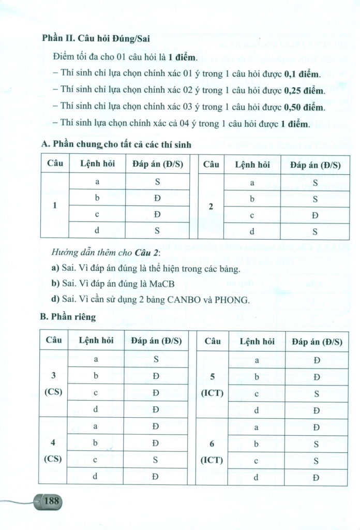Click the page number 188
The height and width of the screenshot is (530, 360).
click(x=52, y=500)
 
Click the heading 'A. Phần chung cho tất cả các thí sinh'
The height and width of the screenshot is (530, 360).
click(x=116, y=145)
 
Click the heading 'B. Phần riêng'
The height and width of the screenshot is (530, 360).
click(x=68, y=315)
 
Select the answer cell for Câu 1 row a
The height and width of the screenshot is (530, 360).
click(x=156, y=182)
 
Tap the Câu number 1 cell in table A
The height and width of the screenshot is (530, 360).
click(x=55, y=205)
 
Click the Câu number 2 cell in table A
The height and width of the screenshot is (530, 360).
click(x=211, y=207)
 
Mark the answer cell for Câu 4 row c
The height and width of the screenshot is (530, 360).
click(x=155, y=459)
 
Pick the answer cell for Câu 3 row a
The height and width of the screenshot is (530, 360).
click(x=155, y=359)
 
